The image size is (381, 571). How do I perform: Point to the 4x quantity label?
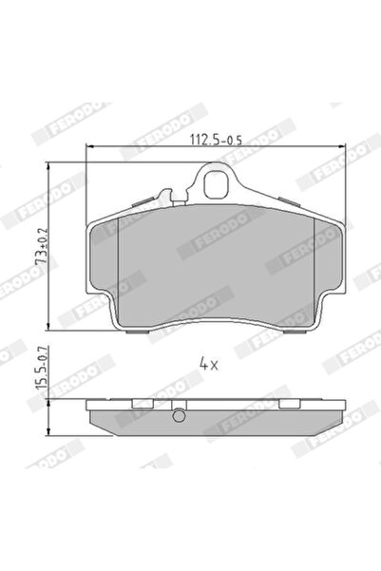pyautogui.click(x=210, y=362)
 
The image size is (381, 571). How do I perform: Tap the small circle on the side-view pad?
pyautogui.click(x=179, y=414)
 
